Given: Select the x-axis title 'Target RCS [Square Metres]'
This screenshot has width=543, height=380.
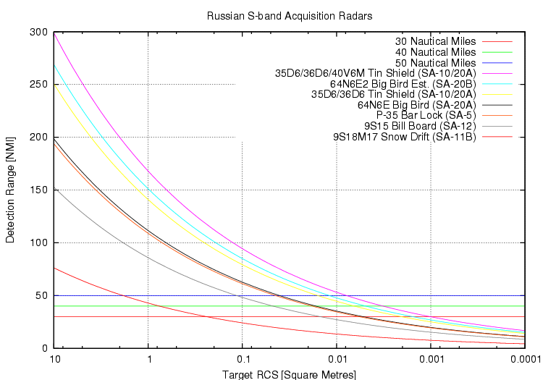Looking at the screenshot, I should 290,374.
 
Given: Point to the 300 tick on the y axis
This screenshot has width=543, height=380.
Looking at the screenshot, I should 38,32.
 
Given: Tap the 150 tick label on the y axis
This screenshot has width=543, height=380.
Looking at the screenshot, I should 38,190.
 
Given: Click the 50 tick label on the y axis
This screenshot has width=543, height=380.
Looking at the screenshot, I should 41,295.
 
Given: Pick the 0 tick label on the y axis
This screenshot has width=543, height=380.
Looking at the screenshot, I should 44,348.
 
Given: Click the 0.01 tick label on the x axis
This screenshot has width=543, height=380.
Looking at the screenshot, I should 337,360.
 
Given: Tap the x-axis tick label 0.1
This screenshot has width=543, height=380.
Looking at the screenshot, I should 243,360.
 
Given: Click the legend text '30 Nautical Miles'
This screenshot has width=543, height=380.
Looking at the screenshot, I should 435,41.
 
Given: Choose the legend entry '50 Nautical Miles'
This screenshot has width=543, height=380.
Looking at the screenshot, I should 435,63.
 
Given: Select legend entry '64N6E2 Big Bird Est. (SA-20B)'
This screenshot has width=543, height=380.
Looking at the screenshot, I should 402,84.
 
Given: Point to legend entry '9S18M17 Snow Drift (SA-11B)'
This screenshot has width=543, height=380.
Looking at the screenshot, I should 404,136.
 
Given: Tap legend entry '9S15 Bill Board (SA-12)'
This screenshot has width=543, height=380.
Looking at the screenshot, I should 420,126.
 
